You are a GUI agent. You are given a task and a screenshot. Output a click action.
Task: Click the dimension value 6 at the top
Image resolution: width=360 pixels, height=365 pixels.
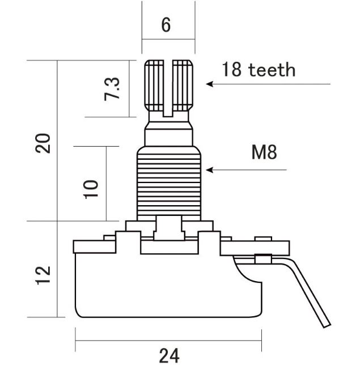coord(166,25)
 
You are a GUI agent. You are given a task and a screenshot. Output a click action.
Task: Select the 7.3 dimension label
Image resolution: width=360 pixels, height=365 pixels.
coord(112,88)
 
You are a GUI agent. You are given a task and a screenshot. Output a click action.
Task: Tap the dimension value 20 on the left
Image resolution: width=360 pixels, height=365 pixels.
coord(43,143)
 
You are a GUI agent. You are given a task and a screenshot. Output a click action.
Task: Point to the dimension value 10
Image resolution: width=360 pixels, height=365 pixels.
coord(91,189)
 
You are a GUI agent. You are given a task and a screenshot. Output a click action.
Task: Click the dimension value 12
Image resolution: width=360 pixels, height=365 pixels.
coord(43,275)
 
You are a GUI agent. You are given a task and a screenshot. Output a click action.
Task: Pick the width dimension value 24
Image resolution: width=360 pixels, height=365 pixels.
coord(170,355)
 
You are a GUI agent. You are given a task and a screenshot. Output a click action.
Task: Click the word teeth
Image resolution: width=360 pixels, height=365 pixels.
coord(272,70)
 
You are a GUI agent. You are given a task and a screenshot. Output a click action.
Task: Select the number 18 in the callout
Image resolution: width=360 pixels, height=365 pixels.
coord(231,69)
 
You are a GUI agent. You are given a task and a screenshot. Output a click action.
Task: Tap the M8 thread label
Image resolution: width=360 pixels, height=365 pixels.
coord(264,152)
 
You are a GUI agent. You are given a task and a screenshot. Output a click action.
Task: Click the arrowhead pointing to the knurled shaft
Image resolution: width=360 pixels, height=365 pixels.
coord(209,84)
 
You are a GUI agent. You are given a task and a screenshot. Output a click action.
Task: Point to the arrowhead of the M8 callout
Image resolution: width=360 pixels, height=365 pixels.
coord(209,170)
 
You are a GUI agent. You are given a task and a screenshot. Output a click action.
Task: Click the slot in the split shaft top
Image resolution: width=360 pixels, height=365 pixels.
coord(168,88)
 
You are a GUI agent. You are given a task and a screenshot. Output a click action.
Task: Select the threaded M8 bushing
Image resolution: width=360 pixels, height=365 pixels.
coord(169,184)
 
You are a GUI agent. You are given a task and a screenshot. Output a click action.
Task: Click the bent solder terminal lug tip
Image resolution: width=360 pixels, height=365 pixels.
coord(327,325)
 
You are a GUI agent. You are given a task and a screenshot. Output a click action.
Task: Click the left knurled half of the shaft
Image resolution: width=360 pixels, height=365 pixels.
coord(154,85)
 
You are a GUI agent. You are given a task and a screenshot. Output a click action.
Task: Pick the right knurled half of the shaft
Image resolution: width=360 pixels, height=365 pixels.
coord(183,85)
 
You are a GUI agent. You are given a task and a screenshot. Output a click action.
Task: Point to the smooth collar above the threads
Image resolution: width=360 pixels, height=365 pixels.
coord(169,137)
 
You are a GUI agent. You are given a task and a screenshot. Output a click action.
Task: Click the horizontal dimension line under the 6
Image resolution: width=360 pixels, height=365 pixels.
coord(168,39)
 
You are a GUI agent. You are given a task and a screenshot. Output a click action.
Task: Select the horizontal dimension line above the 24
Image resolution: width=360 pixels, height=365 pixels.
coord(168,341)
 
